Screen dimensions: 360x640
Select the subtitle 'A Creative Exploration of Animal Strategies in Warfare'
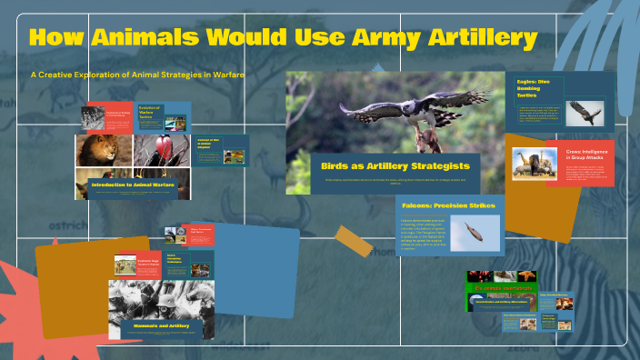(x=137, y=75)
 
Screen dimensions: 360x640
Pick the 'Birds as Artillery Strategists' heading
(x=395, y=165)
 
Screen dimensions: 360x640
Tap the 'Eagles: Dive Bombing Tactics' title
(x=535, y=89)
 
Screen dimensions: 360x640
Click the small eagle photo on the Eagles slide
(x=584, y=113)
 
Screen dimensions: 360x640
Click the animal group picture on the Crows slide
(x=534, y=164)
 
